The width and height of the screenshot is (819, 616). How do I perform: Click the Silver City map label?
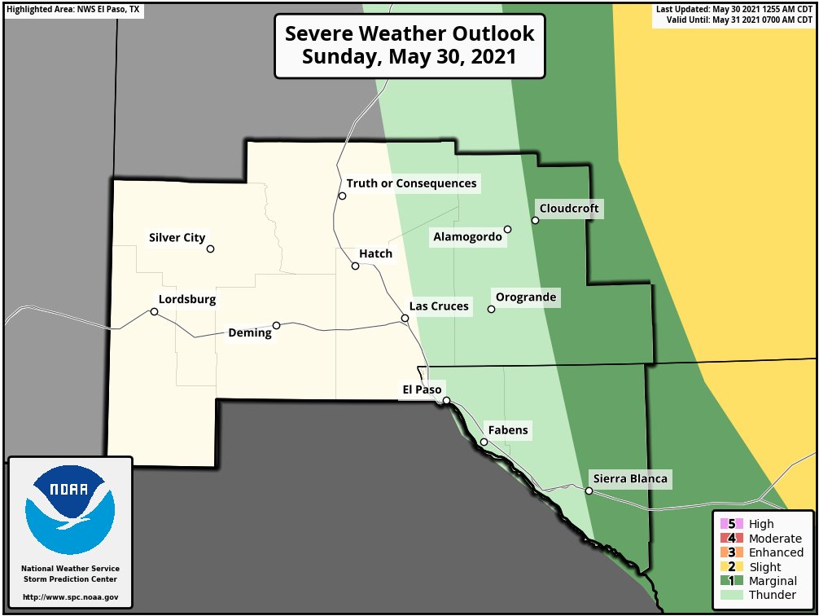pos(177,238)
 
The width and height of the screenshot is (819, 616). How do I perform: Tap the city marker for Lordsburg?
pos(154,311)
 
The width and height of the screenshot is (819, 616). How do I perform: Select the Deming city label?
pos(249,333)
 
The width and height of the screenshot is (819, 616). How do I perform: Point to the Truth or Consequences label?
pos(411,183)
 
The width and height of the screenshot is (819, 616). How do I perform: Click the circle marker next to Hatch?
pos(355,266)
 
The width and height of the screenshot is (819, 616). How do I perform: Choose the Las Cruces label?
pos(439,306)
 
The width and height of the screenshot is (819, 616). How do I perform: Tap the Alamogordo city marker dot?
pos(507,230)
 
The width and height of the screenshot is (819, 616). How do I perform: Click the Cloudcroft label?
pos(569,209)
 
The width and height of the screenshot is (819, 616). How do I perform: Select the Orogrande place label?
pos(526,297)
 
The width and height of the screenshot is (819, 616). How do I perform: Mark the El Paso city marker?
pos(446,400)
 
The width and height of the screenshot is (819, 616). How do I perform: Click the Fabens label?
pos(508,430)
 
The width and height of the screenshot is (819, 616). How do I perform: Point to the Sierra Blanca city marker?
pos(589,491)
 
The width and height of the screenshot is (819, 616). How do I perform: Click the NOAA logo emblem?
pos(69,510)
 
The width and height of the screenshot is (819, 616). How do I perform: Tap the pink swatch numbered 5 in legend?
pos(728,524)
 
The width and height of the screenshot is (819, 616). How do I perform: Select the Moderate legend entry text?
pos(774,539)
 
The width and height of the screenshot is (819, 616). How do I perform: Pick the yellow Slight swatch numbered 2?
pos(728,567)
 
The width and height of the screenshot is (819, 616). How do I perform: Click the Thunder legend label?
pos(772,596)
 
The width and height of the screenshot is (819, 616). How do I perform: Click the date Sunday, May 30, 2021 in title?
pos(409,58)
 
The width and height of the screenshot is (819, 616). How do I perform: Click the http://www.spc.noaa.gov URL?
pos(70,597)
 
